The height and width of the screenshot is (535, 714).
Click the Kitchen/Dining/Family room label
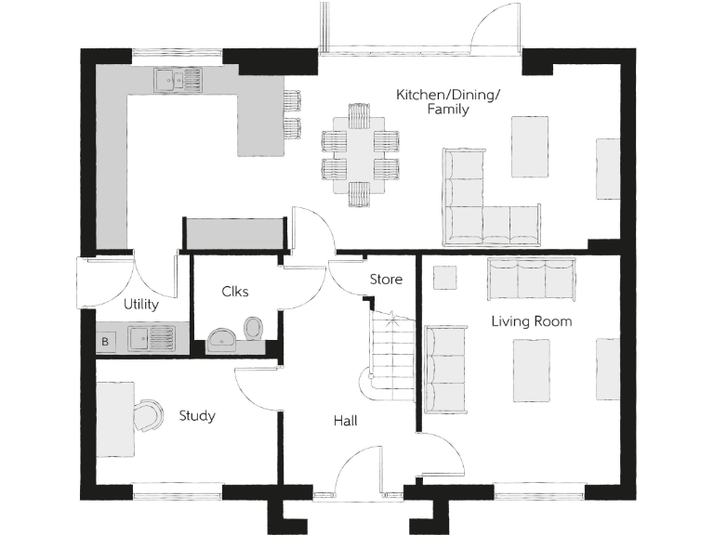pos(433,102)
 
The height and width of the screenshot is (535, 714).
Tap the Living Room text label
pos(532,321)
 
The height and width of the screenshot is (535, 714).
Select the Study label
pos(197,415)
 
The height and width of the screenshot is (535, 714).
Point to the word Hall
pos(345,421)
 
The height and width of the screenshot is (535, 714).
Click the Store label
pos(386,279)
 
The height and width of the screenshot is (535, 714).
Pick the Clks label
pos(234,292)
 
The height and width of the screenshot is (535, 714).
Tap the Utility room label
pos(141,304)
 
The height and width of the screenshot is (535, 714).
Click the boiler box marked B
pos(105,341)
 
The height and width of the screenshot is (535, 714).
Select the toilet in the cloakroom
pos(253,328)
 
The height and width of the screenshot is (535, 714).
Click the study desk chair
pos(148,414)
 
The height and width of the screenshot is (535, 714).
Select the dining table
pos(359,155)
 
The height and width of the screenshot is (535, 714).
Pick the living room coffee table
pos(531,370)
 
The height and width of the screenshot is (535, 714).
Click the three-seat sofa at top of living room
pos(531,278)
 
